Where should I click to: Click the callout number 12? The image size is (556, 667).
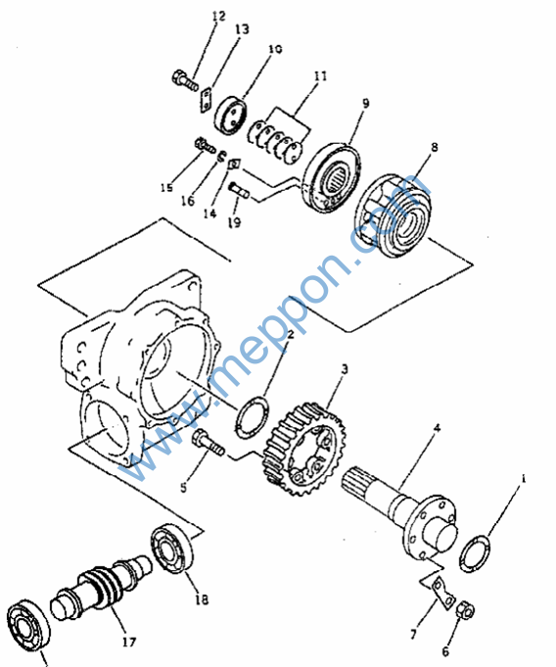pos(218,17)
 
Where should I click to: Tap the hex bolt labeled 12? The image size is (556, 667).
pos(185,81)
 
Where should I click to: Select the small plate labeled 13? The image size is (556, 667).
pos(207,101)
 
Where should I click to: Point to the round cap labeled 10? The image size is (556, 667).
pos(230,115)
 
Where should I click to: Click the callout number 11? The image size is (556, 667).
pos(320,76)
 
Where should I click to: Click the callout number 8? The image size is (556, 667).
pos(434,147)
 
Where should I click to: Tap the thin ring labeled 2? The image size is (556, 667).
pos(253,416)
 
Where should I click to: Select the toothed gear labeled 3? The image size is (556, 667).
pos(304,449)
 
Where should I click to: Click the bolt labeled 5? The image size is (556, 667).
pos(208,443)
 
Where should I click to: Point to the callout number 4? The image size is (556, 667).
pos(437,428)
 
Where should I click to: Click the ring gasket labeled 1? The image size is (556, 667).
pos(475,553)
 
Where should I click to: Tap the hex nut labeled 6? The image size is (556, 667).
pos(466,612)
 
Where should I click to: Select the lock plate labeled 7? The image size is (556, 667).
pos(442,593)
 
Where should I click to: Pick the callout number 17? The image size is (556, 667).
pos(129,642)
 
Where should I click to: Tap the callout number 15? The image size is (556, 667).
pos(166,187)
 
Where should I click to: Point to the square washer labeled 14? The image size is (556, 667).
pos(235,164)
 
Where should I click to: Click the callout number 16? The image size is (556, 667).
pos(188,201)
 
